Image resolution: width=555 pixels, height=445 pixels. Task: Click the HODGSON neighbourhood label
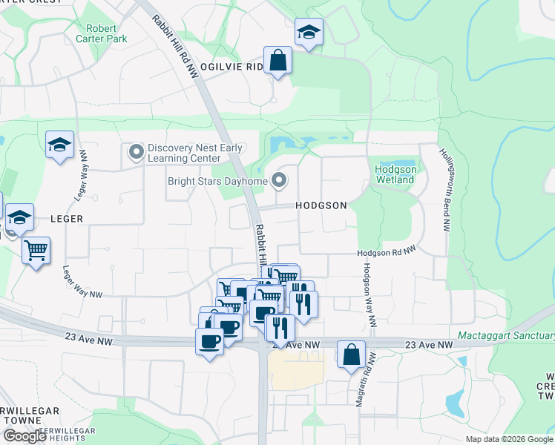click(321, 205)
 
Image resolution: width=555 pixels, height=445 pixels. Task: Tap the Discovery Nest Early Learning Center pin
click(136, 153)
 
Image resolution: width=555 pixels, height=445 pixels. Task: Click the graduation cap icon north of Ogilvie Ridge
click(309, 32)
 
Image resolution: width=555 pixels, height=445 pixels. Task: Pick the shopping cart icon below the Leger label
click(36, 250)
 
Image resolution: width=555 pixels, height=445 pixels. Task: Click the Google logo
click(24, 436)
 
